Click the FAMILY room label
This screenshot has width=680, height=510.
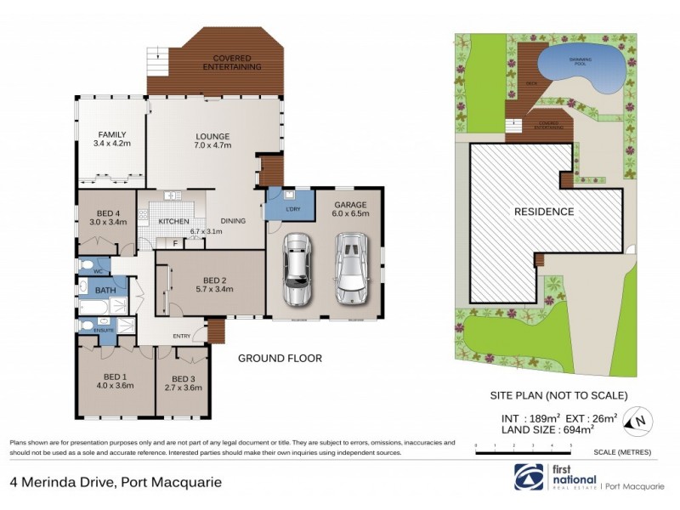tap(111, 134)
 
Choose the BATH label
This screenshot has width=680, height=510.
tap(105, 291)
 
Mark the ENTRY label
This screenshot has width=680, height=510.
tap(182, 337)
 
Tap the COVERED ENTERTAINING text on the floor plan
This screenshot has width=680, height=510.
tap(225, 62)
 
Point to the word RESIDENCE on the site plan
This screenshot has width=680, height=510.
tap(543, 212)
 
